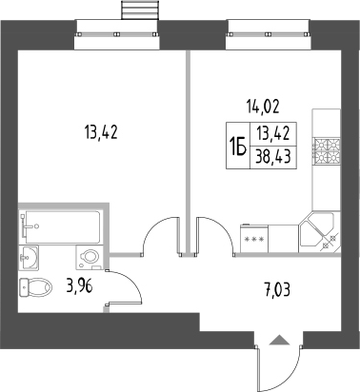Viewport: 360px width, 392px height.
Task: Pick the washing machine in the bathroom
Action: click(90, 257)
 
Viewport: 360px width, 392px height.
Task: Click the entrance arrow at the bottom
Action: click(278, 339)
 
